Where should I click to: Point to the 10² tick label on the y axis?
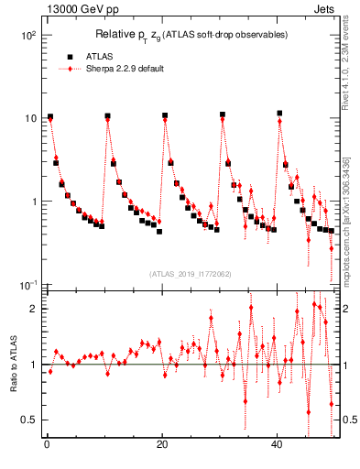[27, 35]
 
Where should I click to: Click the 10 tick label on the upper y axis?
[29, 118]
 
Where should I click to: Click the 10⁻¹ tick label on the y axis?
[27, 285]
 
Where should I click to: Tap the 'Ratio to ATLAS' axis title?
[13, 365]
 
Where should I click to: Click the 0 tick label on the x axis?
[46, 445]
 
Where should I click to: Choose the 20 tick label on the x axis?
[162, 445]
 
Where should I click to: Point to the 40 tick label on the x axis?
[278, 445]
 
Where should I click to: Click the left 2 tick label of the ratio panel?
[33, 310]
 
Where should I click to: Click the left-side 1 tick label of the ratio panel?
[33, 365]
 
